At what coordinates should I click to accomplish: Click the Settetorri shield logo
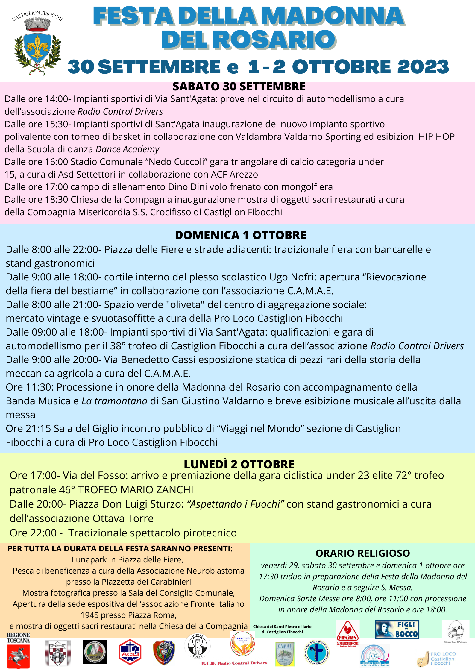click(58, 653)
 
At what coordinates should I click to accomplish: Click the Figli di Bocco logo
click(397, 629)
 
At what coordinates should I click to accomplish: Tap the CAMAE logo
click(285, 654)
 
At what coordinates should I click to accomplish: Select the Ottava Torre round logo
click(197, 646)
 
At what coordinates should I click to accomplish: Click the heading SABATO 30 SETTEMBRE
click(239, 87)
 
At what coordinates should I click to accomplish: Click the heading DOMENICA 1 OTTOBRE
click(241, 235)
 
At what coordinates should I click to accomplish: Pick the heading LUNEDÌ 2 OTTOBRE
click(239, 464)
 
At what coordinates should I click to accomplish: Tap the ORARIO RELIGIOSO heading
click(362, 553)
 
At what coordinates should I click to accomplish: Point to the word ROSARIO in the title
click(275, 40)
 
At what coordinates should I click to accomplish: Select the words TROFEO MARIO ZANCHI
click(136, 490)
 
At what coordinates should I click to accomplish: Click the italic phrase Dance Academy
click(128, 149)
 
